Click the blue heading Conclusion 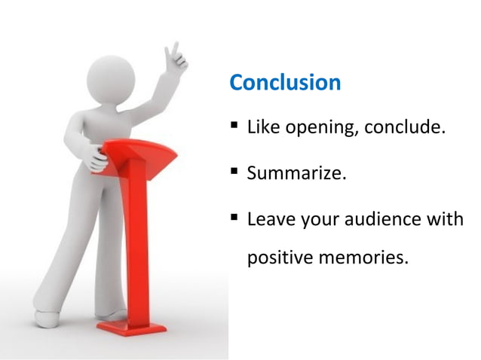[285, 82]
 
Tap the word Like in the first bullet [264, 127]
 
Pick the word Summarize [297, 174]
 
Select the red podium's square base [133, 328]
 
